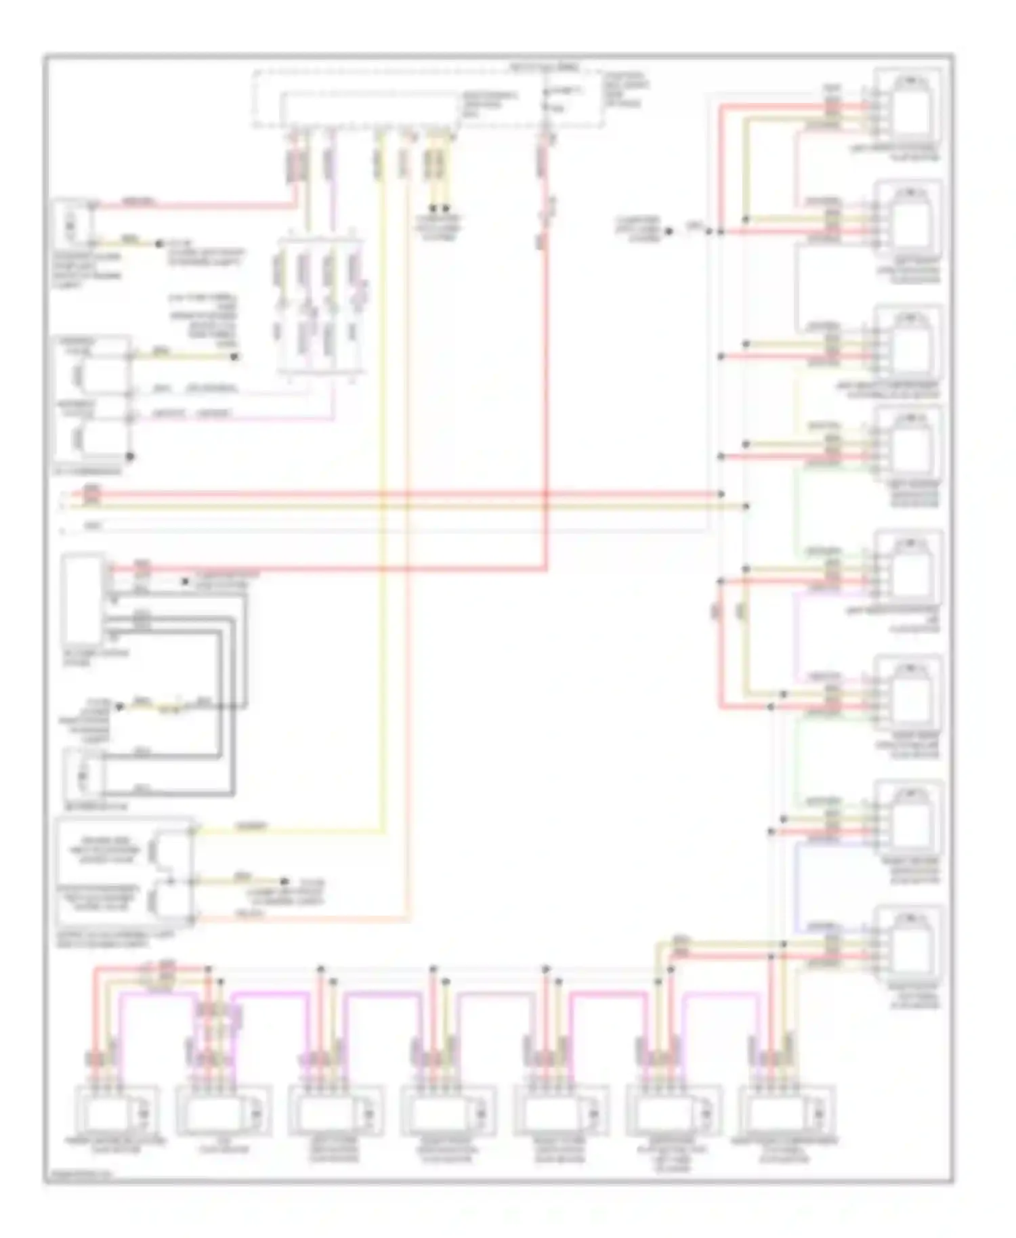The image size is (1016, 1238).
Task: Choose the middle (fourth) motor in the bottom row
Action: point(448,1111)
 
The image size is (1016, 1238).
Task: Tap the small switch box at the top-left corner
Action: point(73,222)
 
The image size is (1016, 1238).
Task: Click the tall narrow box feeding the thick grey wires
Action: point(83,599)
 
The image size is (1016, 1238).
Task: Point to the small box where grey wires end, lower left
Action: point(83,774)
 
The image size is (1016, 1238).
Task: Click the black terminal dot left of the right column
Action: point(669,232)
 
